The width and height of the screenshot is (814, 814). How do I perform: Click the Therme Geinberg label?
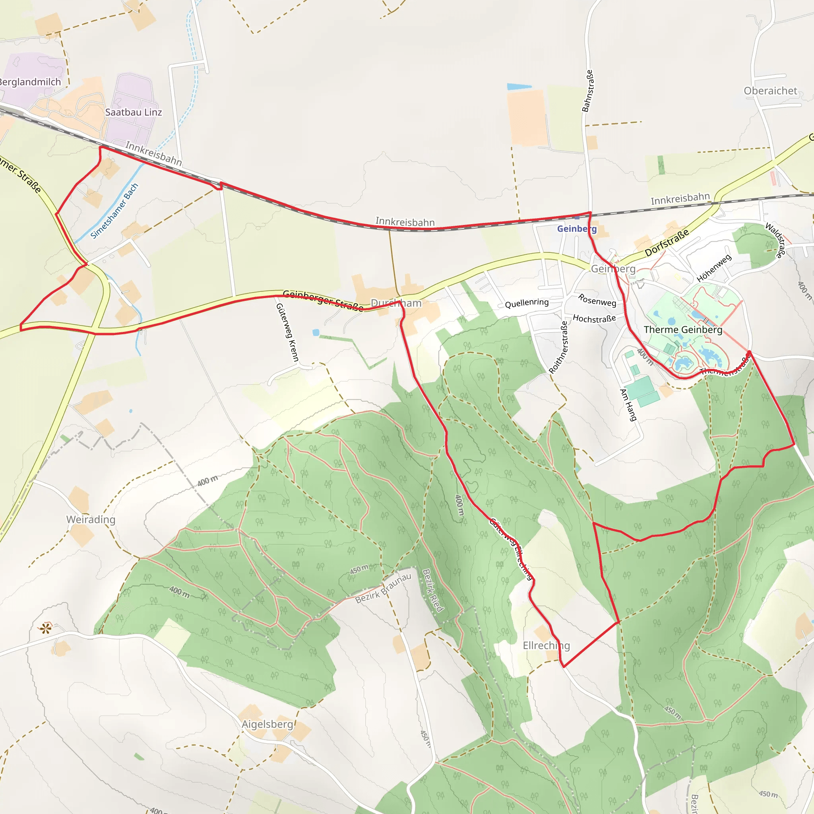[683, 329]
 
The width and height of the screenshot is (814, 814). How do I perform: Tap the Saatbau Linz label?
[134, 112]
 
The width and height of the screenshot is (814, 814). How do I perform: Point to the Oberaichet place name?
[770, 91]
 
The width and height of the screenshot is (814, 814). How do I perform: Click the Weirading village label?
[91, 519]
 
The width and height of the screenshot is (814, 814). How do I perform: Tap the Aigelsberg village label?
[267, 724]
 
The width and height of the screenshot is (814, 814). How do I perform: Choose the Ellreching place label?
[546, 645]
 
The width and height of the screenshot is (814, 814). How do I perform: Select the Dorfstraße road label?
[667, 242]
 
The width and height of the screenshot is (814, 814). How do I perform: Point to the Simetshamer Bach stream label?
[114, 211]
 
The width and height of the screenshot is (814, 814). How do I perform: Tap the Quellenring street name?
[527, 303]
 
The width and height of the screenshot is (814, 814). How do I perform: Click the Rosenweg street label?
[597, 300]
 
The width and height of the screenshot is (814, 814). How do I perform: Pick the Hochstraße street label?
[594, 318]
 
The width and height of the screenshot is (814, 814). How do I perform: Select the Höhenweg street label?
[714, 268]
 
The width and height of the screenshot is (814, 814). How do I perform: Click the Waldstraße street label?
[775, 240]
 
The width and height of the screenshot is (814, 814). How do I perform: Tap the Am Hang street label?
[628, 405]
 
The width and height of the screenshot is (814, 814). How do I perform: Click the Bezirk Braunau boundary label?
[383, 588]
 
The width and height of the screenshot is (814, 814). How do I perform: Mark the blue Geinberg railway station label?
[577, 229]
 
